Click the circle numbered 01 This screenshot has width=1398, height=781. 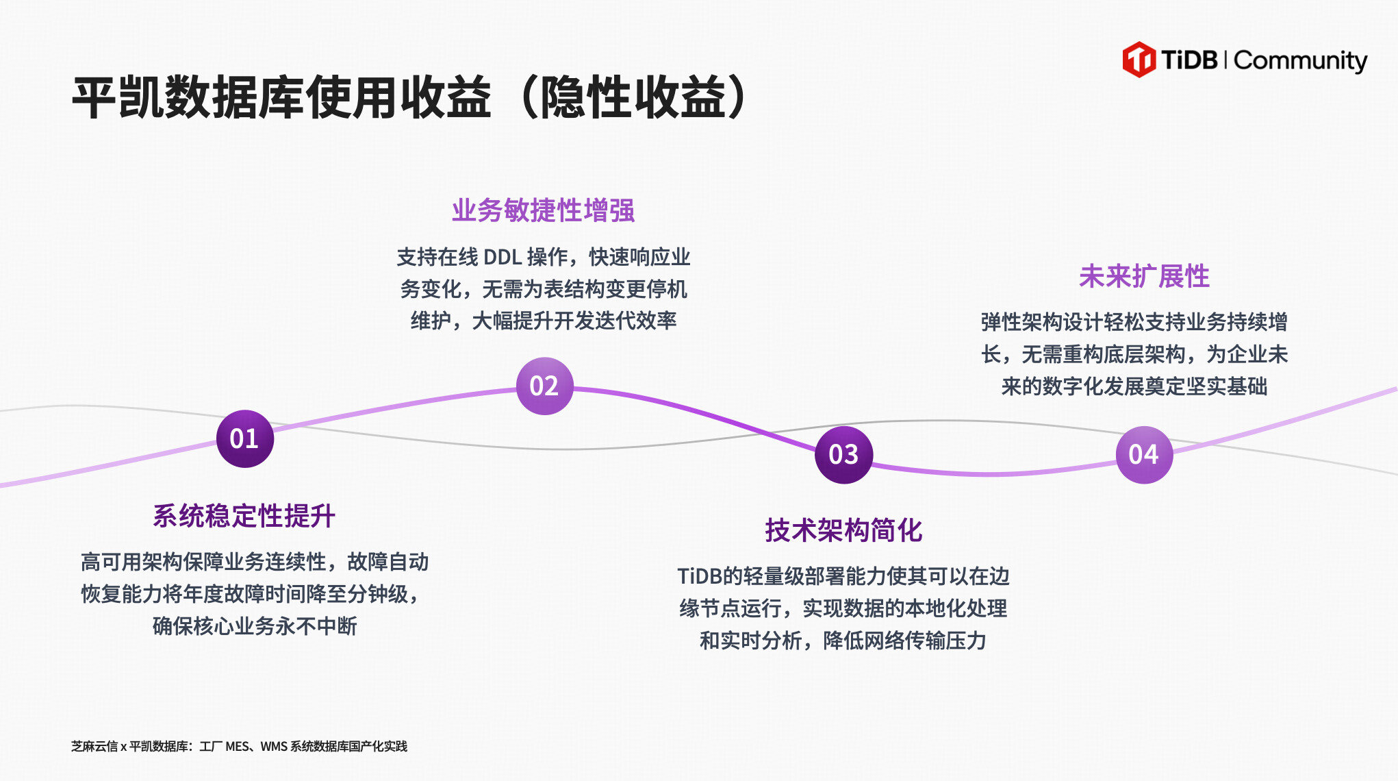(x=244, y=438)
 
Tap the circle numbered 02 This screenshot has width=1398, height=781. (x=544, y=386)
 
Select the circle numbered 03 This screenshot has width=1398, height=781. (x=843, y=454)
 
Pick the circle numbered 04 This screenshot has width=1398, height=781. (x=1144, y=454)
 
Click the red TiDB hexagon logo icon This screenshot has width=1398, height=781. (x=1139, y=60)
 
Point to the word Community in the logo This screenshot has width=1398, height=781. (x=1300, y=61)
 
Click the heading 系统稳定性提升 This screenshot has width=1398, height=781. (x=244, y=516)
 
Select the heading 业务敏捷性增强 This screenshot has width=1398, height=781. (x=544, y=210)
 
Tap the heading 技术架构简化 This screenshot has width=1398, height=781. (x=843, y=530)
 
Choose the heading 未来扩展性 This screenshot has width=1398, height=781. (x=1144, y=276)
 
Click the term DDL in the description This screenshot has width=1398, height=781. (x=503, y=258)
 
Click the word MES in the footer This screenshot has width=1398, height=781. (x=237, y=746)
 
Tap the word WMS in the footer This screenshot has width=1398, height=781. (x=273, y=746)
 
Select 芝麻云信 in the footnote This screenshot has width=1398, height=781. (x=94, y=746)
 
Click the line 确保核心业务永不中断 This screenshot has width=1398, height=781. (x=255, y=625)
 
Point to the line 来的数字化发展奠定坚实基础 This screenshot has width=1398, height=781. (x=1134, y=386)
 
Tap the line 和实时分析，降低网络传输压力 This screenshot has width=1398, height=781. (x=843, y=641)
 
